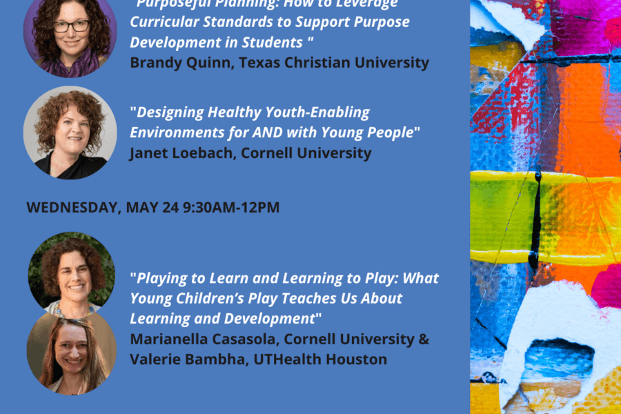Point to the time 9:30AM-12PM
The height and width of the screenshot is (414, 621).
(231, 207)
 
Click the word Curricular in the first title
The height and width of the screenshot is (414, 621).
(163, 21)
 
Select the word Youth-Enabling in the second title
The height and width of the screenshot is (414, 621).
(323, 112)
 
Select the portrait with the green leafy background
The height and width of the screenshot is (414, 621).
(72, 270)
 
